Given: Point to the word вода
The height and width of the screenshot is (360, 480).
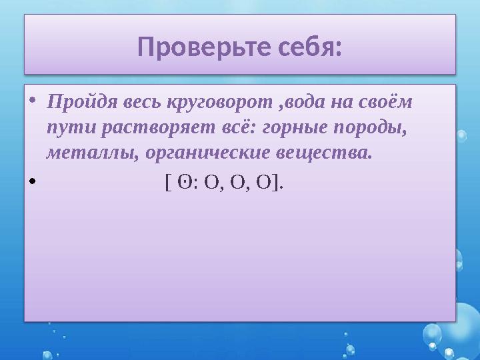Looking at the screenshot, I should point(307,105).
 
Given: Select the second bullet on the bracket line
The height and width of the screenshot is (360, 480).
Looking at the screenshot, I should point(33,183).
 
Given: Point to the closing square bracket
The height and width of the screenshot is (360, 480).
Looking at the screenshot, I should point(276,183).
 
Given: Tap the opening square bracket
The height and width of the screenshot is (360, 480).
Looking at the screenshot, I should point(167,183).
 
